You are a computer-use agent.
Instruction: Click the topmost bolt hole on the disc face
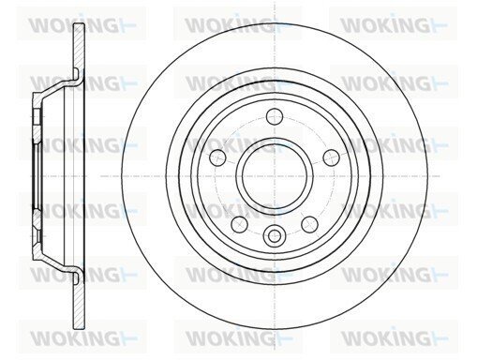tap(275, 116)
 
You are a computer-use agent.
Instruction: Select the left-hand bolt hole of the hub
tap(218, 157)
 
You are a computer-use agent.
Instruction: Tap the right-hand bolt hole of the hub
tap(331, 157)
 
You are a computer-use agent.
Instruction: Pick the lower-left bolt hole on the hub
tap(240, 224)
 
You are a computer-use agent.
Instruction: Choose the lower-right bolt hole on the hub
tap(309, 224)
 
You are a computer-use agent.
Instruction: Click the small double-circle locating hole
tap(275, 235)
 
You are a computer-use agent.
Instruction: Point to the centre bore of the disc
tap(275, 176)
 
